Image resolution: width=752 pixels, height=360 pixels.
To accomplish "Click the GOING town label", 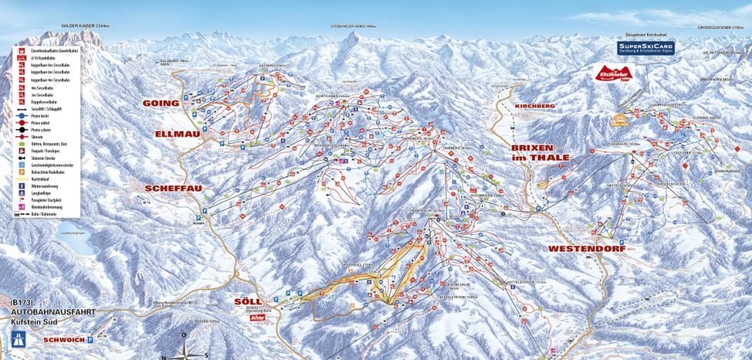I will tap(161, 103).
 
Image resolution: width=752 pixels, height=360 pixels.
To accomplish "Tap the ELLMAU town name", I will tap(178, 134).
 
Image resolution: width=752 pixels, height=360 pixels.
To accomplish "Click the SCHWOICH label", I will tap(63, 339).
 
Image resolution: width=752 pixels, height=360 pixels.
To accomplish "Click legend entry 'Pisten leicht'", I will tap(46, 117).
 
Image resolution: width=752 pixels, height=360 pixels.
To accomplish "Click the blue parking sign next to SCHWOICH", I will tap(90, 339).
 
